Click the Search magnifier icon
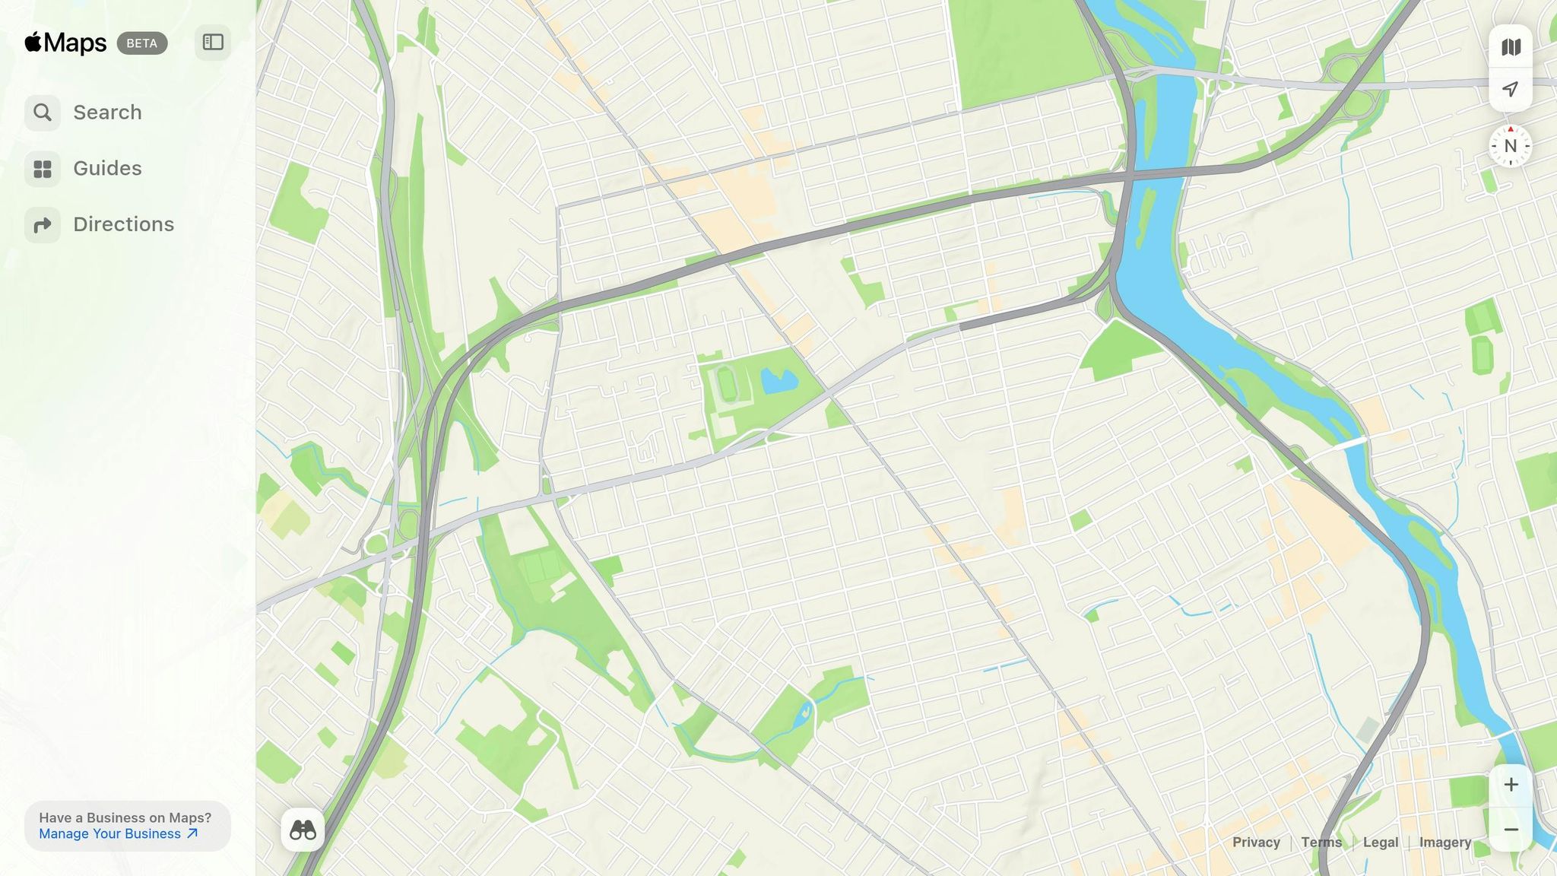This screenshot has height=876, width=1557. coord(43,113)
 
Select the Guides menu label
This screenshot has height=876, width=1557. coord(107,168)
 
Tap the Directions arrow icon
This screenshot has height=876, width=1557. coord(43,224)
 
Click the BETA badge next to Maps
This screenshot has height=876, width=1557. coord(142,43)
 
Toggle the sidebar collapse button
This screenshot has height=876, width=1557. coord(213,43)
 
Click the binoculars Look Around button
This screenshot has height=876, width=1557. coord(303,830)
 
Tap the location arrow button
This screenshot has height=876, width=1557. coord(1511,90)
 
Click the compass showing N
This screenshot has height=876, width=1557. coord(1511,146)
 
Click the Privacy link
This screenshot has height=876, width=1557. coord(1256,843)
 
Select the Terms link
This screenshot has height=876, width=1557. coord(1321,843)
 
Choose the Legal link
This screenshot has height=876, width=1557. coord(1381,843)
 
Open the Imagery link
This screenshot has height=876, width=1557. coord(1445,843)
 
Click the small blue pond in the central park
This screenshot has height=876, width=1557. coord(778,381)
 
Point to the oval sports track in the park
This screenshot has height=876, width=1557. coord(728,384)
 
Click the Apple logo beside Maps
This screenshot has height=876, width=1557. coord(33,42)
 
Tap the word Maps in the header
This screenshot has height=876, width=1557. coord(75,43)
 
